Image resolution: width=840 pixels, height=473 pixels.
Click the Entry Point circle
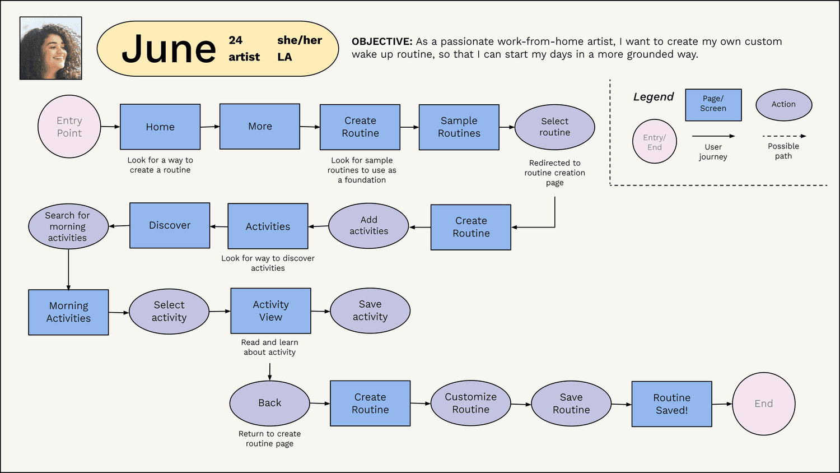(69, 127)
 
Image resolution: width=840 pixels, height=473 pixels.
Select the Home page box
(160, 127)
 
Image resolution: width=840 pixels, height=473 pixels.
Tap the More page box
(260, 127)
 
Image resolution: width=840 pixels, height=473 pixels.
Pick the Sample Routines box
(459, 127)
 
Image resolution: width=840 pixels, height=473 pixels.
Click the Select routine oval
(554, 127)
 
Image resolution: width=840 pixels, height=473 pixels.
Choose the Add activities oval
(368, 226)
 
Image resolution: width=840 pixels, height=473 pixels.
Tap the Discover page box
(170, 225)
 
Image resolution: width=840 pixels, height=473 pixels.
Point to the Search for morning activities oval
(68, 226)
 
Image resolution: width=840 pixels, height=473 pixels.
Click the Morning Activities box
(69, 312)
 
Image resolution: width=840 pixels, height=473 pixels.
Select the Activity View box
(270, 311)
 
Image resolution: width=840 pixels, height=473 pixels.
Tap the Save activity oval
(370, 310)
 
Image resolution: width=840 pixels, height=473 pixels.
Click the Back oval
(269, 403)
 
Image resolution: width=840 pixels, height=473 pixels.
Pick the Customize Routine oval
(470, 403)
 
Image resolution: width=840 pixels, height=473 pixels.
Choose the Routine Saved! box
(672, 404)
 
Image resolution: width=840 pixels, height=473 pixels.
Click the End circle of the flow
(764, 404)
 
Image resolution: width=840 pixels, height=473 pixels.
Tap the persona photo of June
(50, 48)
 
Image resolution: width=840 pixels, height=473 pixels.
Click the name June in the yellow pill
(169, 49)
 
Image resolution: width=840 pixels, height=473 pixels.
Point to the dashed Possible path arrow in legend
(784, 136)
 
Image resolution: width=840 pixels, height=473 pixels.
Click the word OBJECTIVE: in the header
(382, 41)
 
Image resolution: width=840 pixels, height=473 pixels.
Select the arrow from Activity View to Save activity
(321, 311)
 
